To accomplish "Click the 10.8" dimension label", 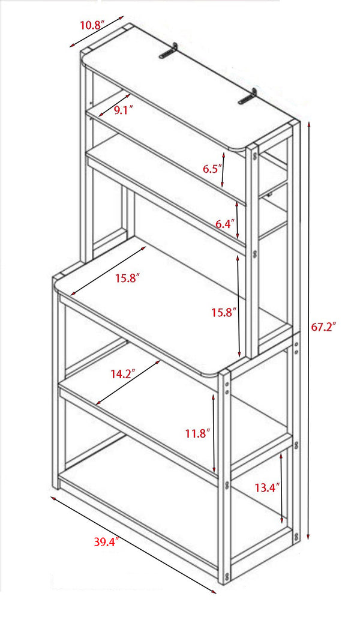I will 92,25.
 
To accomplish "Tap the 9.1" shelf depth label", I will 123,109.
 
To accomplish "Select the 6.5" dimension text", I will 212,169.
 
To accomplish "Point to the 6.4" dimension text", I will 225,224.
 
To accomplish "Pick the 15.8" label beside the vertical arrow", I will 224,312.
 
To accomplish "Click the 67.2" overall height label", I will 323,327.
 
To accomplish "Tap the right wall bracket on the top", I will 247,98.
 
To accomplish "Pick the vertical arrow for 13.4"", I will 283,489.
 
